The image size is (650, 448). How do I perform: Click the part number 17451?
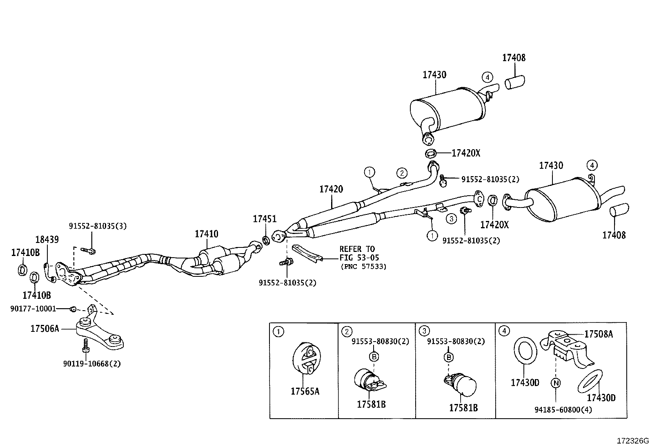click(x=264, y=219)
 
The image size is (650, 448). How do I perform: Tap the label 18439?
click(x=47, y=240)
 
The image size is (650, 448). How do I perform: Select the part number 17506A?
click(x=45, y=328)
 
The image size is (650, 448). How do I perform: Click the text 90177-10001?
click(x=33, y=309)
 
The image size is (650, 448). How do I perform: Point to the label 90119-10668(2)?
click(x=92, y=363)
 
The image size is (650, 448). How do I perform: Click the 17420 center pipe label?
click(x=331, y=189)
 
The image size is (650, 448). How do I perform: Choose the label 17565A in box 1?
click(x=305, y=391)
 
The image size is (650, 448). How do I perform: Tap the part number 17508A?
click(x=599, y=334)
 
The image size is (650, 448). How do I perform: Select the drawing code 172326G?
click(x=632, y=441)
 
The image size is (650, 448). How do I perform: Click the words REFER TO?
click(x=357, y=249)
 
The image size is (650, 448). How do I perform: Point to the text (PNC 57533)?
click(x=363, y=267)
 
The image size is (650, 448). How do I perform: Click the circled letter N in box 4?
click(x=555, y=383)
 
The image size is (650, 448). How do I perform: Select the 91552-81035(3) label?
click(x=98, y=225)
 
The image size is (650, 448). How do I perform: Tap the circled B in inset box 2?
click(x=374, y=357)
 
